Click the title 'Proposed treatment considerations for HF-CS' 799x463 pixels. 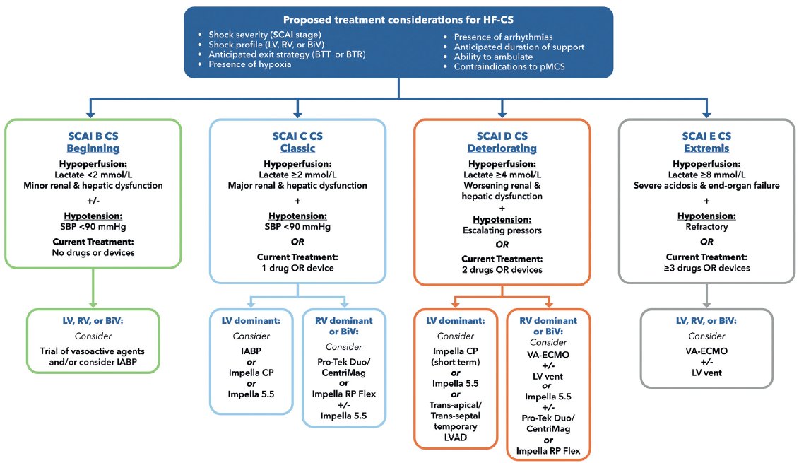(x=399, y=19)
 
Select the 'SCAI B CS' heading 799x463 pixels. (x=93, y=137)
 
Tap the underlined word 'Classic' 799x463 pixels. (x=297, y=149)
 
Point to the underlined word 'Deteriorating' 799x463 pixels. (x=502, y=149)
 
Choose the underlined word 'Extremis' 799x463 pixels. (x=706, y=149)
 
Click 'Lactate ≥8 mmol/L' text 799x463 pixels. (x=706, y=175)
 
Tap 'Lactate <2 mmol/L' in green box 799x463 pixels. (x=93, y=175)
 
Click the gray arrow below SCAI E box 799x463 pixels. (x=706, y=291)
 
